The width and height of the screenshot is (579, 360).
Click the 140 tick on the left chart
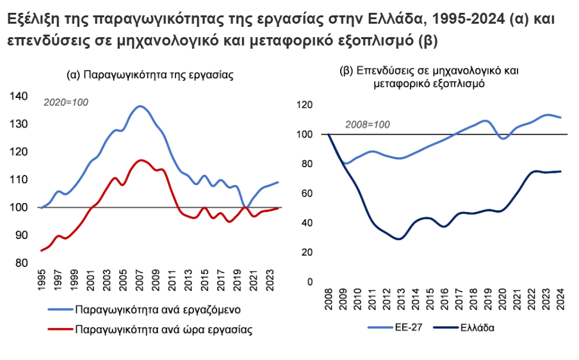coord(19,96)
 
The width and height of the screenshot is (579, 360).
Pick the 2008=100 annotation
coord(368,124)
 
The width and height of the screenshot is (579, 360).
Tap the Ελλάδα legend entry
coord(477,328)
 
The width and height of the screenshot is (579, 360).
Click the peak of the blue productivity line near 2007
coord(141,106)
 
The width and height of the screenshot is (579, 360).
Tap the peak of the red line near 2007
coord(141,160)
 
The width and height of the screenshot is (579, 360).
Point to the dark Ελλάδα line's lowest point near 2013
coord(400,239)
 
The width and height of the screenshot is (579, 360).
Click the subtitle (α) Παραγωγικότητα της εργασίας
coord(150,74)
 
